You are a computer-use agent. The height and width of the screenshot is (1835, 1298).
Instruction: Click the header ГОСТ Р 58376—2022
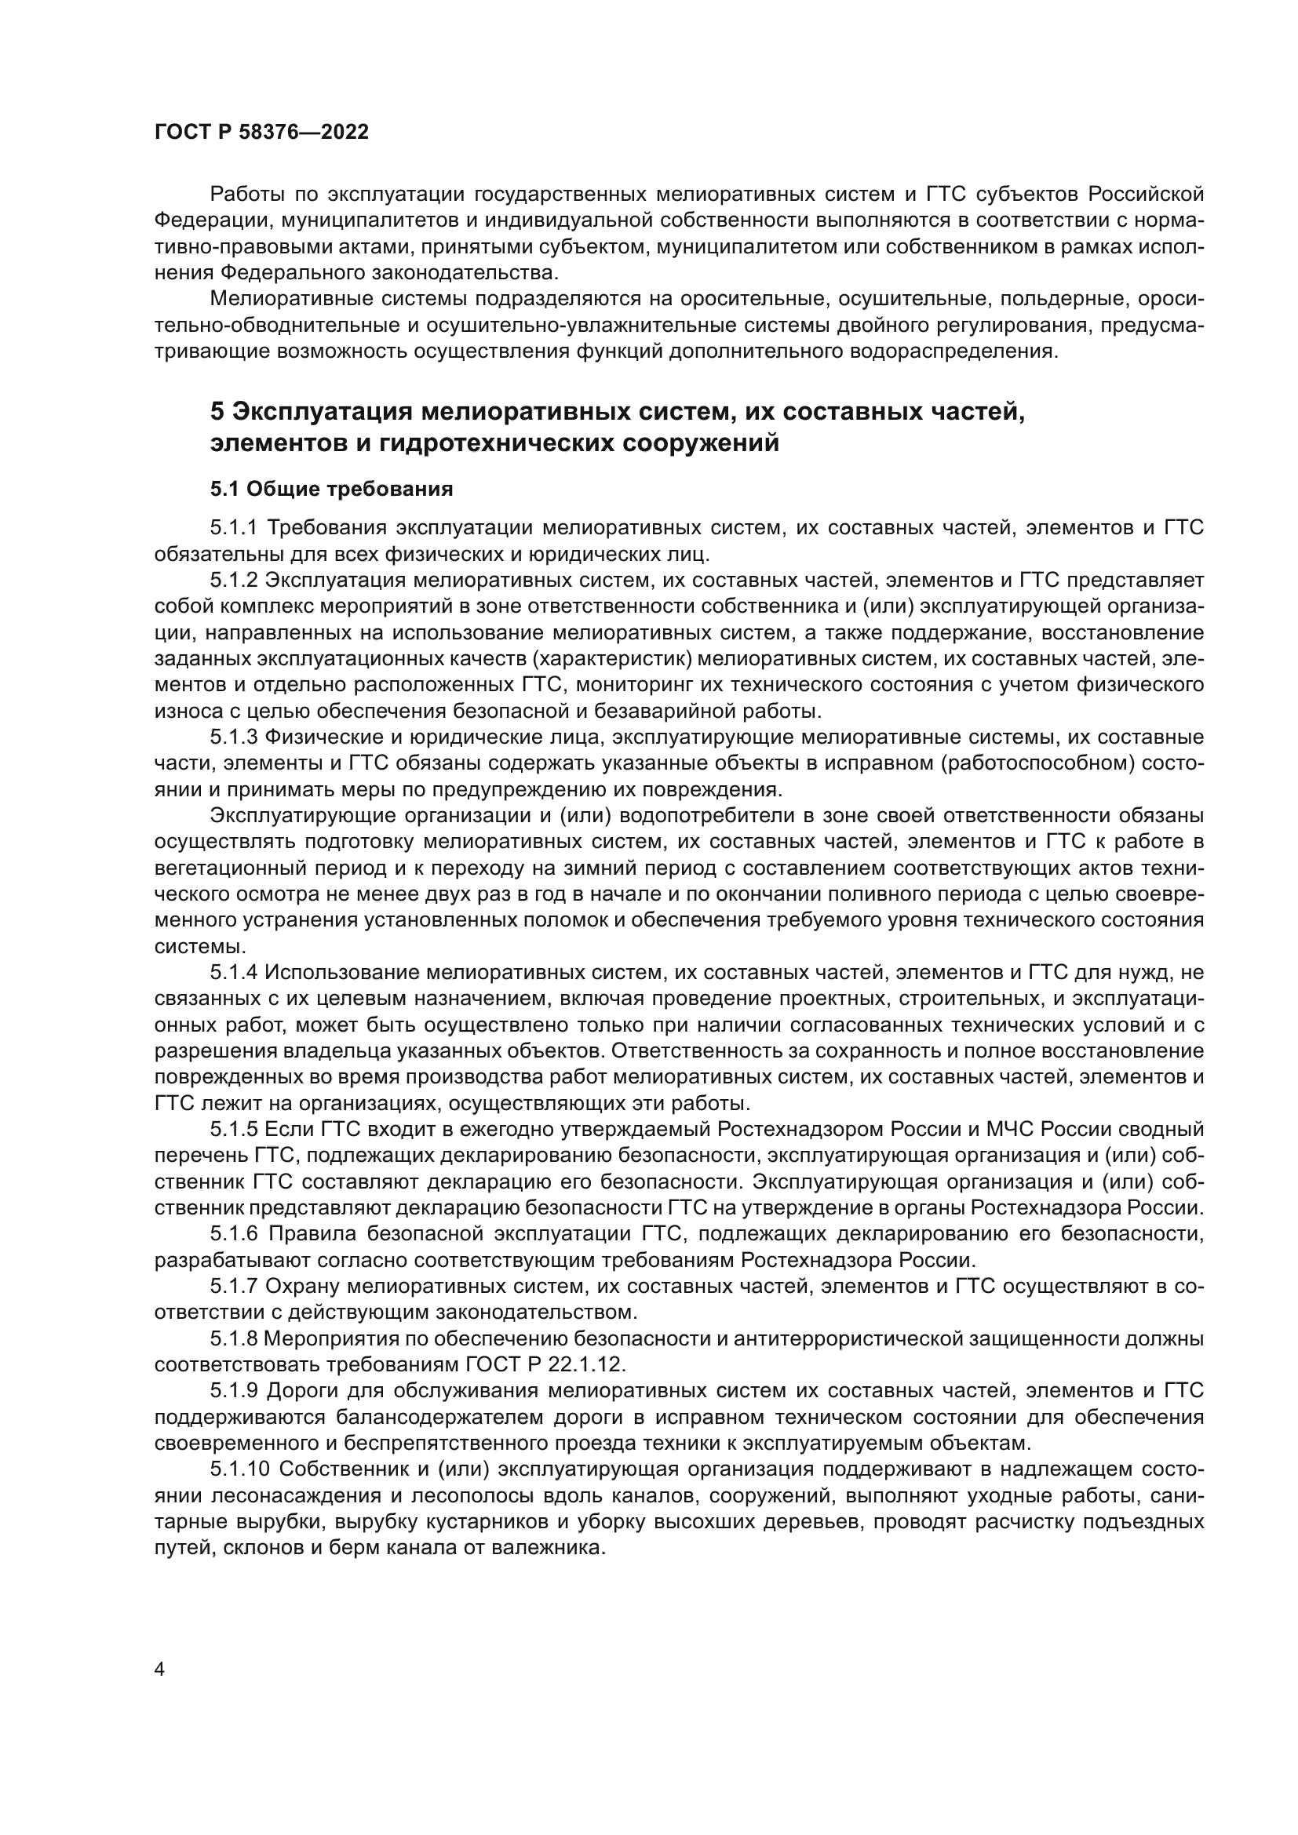coord(261,133)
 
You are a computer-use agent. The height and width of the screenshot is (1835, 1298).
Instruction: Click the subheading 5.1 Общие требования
coord(331,489)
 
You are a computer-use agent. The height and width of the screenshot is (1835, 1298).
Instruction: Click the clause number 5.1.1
coord(234,527)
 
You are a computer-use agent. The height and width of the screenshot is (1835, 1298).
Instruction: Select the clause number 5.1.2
coord(234,580)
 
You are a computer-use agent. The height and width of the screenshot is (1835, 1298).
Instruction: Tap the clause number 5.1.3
coord(234,736)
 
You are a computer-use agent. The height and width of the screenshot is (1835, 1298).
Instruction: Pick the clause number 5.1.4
coord(234,973)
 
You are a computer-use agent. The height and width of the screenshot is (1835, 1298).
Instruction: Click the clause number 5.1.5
coord(234,1129)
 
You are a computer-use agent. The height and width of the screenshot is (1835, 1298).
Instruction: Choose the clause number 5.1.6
coord(234,1234)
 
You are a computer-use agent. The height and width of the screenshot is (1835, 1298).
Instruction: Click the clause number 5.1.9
coord(234,1391)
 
